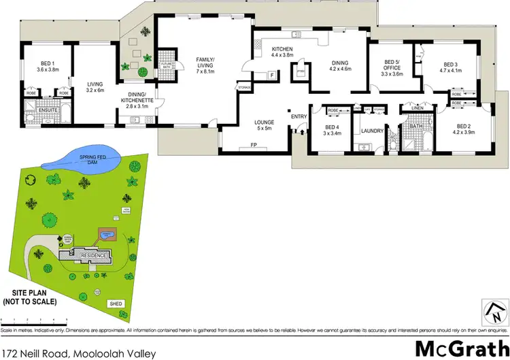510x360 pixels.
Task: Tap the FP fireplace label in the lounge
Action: tap(254, 144)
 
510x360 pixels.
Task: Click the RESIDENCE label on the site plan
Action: tap(95, 255)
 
